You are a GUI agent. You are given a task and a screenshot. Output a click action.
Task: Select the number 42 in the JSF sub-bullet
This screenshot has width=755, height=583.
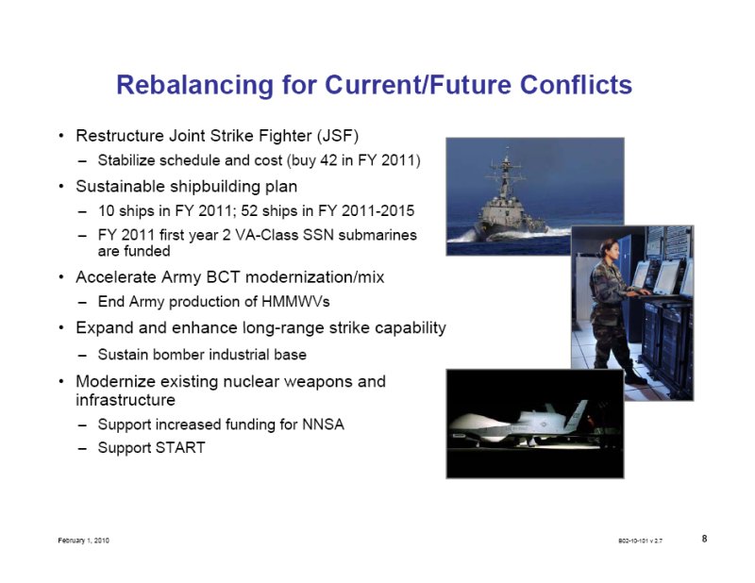(x=328, y=159)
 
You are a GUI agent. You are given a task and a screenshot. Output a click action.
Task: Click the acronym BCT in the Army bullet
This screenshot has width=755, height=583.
(x=224, y=277)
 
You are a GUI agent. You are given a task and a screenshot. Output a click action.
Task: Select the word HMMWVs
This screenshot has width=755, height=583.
(x=295, y=302)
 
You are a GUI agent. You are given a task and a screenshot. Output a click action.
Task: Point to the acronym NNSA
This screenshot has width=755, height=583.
(x=323, y=425)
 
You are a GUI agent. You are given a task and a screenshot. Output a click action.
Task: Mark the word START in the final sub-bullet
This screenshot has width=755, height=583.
(x=181, y=448)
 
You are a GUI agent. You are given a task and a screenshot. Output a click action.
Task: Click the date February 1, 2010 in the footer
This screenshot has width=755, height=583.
(x=83, y=541)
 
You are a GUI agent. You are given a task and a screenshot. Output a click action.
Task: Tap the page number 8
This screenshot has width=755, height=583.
(x=704, y=539)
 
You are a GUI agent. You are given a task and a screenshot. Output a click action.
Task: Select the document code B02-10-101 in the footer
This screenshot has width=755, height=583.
(x=632, y=541)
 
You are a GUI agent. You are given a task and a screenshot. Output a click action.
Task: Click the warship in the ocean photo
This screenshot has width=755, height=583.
(x=511, y=203)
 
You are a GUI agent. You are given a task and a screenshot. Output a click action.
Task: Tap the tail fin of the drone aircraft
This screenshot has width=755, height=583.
(x=579, y=415)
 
